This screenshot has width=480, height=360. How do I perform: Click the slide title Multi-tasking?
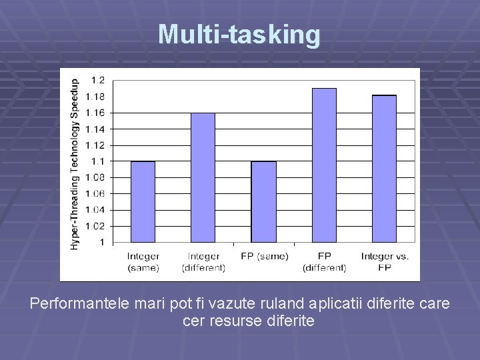point(239,34)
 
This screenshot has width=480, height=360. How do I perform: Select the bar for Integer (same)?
point(143,201)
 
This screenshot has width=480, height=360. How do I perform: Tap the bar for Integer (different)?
point(203,177)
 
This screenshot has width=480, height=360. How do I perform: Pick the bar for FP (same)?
point(263,201)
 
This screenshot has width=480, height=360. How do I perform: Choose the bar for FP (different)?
point(324,165)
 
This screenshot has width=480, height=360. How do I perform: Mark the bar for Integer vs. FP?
point(384,169)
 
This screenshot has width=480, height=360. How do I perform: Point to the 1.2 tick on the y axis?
point(98,80)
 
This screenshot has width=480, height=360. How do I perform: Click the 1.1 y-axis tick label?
point(98,161)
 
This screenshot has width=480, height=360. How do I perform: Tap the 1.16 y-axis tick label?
point(95,113)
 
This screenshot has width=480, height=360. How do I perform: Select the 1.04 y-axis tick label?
point(95,210)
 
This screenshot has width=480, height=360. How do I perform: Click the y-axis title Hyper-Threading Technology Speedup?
point(75,164)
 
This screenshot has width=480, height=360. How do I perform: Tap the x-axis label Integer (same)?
point(143,262)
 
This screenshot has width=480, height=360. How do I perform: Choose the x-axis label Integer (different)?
point(203,262)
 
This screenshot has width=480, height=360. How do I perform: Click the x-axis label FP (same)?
point(264,257)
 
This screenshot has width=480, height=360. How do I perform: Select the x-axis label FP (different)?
point(325,262)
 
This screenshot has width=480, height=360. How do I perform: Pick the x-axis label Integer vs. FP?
point(385,262)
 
